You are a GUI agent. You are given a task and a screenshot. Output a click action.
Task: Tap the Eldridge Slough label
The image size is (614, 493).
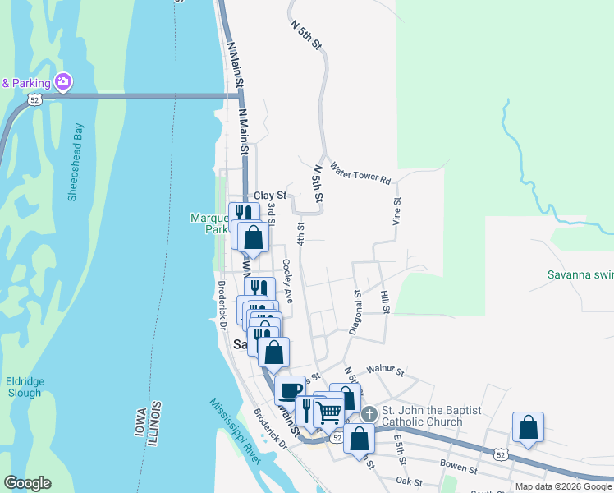tap(24, 387)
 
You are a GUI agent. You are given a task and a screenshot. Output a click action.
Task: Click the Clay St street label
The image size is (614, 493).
tap(269, 196)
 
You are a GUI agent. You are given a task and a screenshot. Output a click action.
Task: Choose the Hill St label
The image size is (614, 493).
tap(384, 300)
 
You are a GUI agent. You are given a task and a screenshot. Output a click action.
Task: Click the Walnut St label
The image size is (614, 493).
tap(386, 371)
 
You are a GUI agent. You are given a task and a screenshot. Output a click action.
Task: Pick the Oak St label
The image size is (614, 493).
tap(407, 481)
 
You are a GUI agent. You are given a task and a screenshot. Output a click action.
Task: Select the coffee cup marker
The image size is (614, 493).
tap(290, 390)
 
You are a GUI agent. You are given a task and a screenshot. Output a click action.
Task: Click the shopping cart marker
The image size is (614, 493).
tap(328, 412)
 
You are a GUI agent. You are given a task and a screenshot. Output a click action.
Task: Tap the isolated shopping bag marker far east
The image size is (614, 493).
tap(528, 427)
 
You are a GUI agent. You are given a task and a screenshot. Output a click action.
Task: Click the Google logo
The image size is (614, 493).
tap(27, 483)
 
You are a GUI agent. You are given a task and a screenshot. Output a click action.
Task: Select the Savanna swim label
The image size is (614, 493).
tap(580, 274)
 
